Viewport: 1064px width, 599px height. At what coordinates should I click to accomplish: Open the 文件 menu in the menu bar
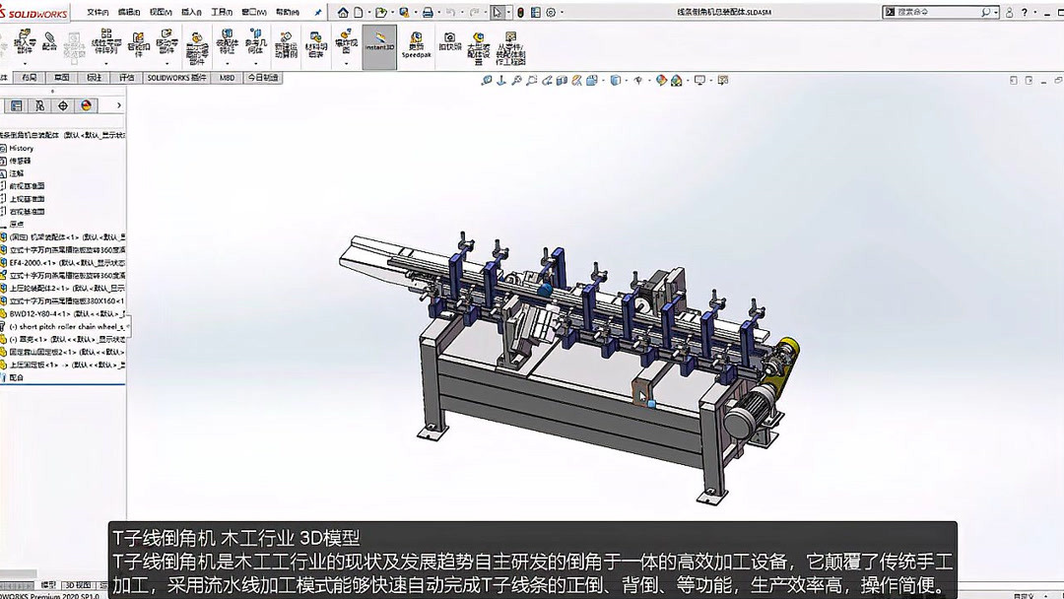98,13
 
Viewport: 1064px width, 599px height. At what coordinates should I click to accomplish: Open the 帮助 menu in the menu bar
287,13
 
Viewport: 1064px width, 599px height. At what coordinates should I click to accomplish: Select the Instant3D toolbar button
379,46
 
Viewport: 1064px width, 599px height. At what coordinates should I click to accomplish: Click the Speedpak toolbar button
416,46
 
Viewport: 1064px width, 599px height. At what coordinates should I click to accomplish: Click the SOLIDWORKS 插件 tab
177,77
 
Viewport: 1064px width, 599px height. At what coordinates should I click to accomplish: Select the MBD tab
228,77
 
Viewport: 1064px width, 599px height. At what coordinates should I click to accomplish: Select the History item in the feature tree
22,148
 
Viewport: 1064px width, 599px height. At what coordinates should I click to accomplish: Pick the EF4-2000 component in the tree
59,263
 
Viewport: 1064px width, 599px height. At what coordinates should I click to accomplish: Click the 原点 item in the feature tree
17,224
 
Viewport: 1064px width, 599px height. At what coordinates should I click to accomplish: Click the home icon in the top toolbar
344,13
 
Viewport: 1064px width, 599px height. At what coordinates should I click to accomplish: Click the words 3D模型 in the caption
331,538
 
